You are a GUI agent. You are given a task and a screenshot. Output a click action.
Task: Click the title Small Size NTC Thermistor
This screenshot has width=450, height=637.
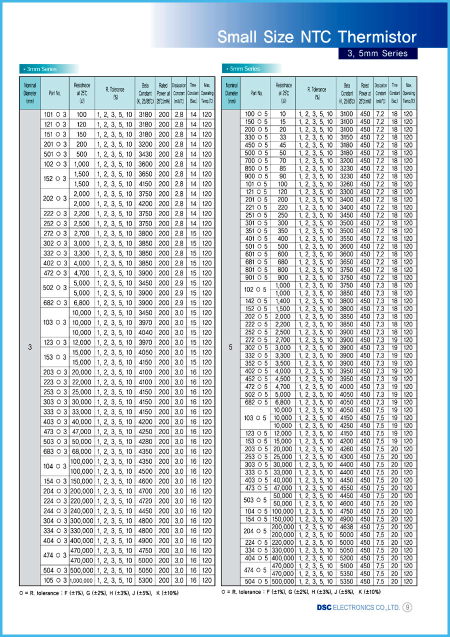pyautogui.click(x=317, y=36)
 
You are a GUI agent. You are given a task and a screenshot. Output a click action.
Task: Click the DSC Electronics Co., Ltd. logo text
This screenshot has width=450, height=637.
pyautogui.click(x=358, y=607)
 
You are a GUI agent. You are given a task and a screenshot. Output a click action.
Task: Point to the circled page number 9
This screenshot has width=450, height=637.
pyautogui.click(x=407, y=607)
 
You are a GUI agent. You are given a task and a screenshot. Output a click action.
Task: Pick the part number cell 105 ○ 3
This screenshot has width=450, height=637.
pyautogui.click(x=54, y=580)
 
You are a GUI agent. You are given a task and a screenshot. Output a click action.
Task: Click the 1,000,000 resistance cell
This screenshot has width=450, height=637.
pyautogui.click(x=81, y=580)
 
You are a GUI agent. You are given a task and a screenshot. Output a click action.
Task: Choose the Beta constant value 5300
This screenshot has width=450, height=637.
pyautogui.click(x=145, y=580)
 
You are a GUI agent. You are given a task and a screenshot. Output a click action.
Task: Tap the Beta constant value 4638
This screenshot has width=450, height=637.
pyautogui.click(x=346, y=526)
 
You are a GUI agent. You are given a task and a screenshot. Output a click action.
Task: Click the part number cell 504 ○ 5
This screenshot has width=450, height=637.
pyautogui.click(x=256, y=581)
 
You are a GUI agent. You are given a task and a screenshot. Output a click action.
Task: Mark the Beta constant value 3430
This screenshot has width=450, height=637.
pyautogui.click(x=145, y=154)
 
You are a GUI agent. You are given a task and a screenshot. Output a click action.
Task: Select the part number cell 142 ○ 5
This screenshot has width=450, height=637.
pyautogui.click(x=256, y=301)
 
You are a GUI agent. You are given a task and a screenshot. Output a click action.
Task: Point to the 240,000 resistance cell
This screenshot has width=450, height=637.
pyautogui.click(x=81, y=511)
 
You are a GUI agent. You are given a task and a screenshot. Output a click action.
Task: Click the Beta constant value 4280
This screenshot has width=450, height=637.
pyautogui.click(x=145, y=442)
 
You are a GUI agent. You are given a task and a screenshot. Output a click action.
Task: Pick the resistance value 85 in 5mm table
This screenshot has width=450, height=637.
pyautogui.click(x=283, y=168)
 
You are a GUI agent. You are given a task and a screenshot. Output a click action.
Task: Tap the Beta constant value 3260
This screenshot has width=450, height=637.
pyautogui.click(x=346, y=184)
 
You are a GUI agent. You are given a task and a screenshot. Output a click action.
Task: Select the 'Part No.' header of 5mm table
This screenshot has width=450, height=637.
pyautogui.click(x=256, y=93)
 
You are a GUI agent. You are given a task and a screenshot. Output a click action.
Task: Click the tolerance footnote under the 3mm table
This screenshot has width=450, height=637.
pyautogui.click(x=99, y=593)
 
